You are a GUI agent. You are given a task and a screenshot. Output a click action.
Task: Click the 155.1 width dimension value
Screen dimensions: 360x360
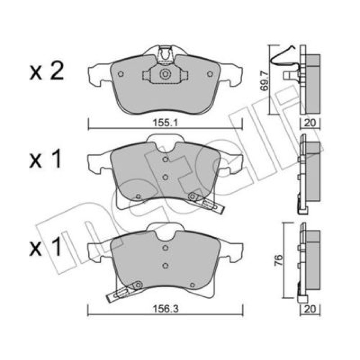165,123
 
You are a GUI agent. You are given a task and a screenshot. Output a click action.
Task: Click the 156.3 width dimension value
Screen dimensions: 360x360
166,309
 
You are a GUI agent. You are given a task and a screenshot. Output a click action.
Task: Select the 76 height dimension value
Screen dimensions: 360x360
278,260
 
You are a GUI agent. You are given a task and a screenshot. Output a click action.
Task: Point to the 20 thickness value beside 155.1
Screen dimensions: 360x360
310,123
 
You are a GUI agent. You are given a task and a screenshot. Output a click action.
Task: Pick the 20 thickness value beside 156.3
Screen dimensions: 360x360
310,309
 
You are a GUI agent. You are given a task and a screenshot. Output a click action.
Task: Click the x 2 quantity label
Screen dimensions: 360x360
46,72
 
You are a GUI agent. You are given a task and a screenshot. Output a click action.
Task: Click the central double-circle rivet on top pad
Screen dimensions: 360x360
165,74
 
